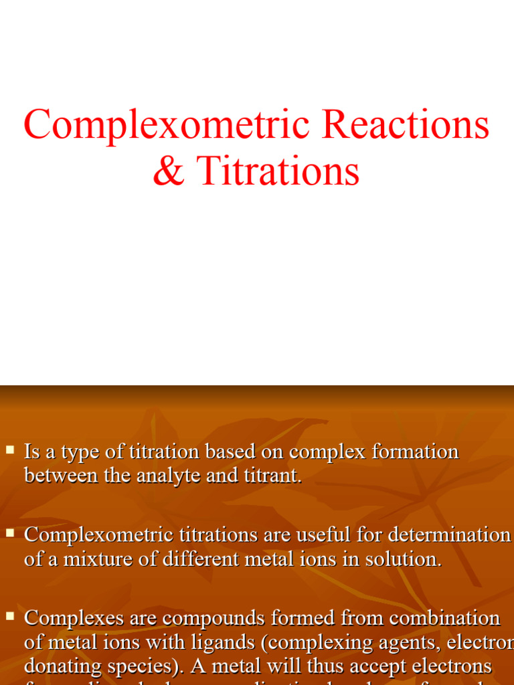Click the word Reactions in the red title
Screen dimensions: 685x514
pyautogui.click(x=406, y=124)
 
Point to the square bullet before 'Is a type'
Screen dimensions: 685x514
pyautogui.click(x=10, y=450)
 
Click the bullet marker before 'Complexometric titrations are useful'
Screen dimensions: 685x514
pyautogui.click(x=10, y=532)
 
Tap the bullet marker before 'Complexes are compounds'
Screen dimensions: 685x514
pyautogui.click(x=10, y=615)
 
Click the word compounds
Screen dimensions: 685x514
pyautogui.click(x=211, y=618)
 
